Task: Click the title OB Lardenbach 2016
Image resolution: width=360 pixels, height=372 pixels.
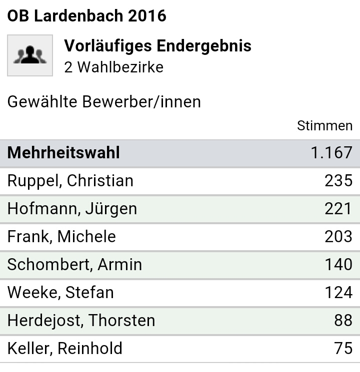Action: [86, 16]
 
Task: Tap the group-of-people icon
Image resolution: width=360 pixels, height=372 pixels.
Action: [30, 55]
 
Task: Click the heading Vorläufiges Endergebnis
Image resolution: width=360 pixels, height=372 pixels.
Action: [157, 46]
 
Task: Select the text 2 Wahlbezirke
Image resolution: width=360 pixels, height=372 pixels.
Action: [113, 67]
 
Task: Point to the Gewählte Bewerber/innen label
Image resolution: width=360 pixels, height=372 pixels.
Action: [104, 102]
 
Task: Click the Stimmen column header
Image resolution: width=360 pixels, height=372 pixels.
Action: [324, 125]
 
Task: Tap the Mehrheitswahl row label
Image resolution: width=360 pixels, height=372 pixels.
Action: [63, 153]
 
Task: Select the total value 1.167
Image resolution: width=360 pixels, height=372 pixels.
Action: [331, 153]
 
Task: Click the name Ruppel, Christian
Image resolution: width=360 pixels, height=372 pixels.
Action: [70, 180]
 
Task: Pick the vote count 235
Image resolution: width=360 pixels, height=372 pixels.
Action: [338, 180]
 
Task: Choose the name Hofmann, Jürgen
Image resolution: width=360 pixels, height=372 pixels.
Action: [72, 208]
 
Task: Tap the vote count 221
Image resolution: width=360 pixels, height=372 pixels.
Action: [338, 208]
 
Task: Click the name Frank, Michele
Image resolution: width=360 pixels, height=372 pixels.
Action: [61, 236]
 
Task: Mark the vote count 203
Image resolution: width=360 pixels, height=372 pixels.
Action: [338, 236]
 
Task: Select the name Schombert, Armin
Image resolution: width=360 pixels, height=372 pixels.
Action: [74, 264]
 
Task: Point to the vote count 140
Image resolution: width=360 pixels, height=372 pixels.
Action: [338, 264]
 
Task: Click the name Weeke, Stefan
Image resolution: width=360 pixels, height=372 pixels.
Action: [60, 292]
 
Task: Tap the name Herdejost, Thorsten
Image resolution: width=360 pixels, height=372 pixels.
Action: [81, 320]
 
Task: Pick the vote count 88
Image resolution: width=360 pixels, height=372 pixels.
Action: [343, 320]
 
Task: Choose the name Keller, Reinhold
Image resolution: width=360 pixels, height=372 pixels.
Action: [65, 348]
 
